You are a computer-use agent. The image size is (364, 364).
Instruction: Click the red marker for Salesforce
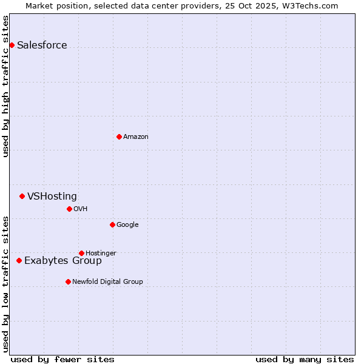[12, 45]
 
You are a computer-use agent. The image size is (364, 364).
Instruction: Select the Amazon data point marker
[119, 136]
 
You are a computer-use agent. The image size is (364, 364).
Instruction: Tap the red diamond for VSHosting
[22, 196]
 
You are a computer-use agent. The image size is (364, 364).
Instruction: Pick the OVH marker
[69, 209]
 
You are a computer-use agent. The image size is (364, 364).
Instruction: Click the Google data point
[112, 224]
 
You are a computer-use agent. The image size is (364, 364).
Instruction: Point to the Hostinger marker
[81, 253]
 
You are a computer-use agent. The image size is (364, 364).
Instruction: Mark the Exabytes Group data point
[19, 260]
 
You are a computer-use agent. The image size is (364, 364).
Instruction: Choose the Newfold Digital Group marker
[68, 281]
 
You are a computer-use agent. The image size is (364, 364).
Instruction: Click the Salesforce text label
[42, 45]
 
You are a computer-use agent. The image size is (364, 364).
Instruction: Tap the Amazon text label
[135, 137]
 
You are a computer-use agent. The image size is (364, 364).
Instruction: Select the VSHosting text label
[52, 197]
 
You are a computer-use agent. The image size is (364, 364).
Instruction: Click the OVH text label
[80, 209]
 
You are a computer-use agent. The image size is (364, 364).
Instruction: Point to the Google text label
[127, 225]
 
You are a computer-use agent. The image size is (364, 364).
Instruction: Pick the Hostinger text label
[101, 254]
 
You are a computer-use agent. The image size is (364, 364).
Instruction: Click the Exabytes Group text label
[63, 261]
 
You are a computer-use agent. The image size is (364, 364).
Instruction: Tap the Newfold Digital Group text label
[107, 282]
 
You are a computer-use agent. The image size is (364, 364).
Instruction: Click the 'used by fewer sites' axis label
[62, 359]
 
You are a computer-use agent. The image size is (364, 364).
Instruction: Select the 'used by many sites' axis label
[305, 359]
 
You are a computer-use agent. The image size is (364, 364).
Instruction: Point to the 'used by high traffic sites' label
[5, 86]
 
